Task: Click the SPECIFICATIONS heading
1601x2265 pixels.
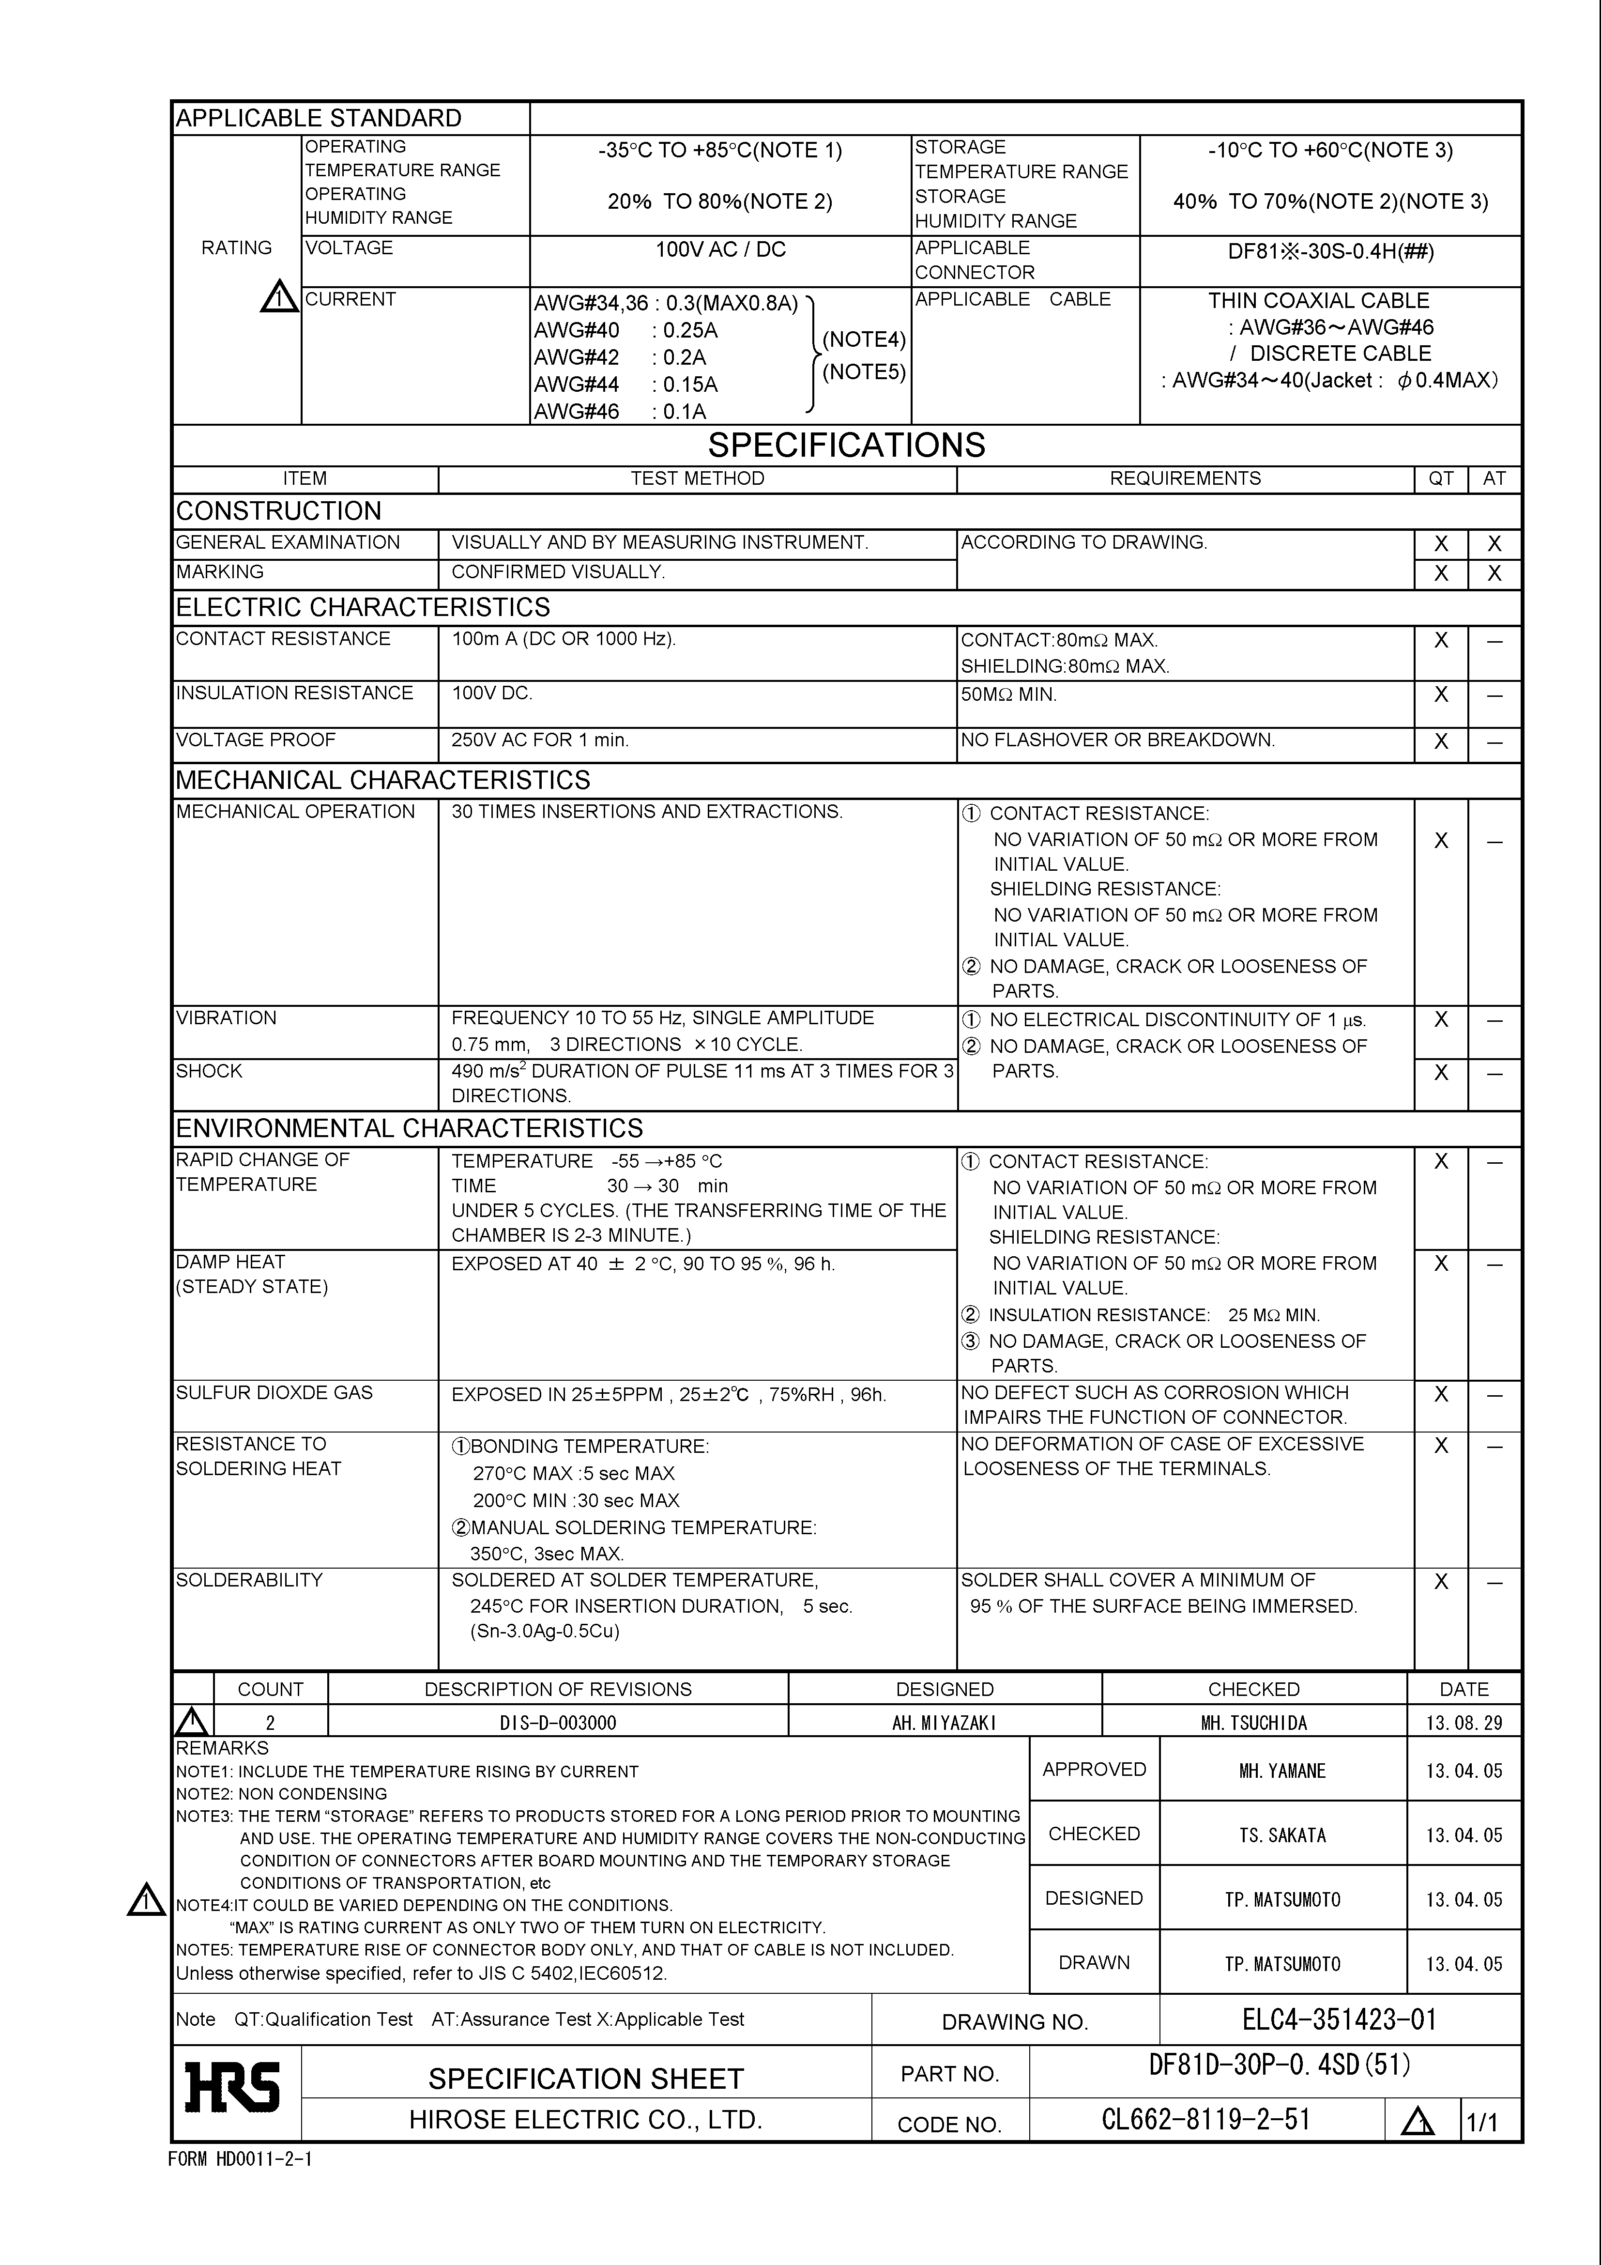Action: [x=846, y=445]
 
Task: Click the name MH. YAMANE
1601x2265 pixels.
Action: [x=1282, y=1771]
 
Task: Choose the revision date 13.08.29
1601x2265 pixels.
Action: [x=1464, y=1723]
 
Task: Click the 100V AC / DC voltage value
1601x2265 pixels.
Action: [x=720, y=249]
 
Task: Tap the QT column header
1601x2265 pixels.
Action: [x=1440, y=478]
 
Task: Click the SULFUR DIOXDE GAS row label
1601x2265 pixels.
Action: [x=274, y=1393]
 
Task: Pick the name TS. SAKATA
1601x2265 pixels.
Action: [x=1282, y=1835]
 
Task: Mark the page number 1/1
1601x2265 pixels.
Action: [x=1481, y=2122]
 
